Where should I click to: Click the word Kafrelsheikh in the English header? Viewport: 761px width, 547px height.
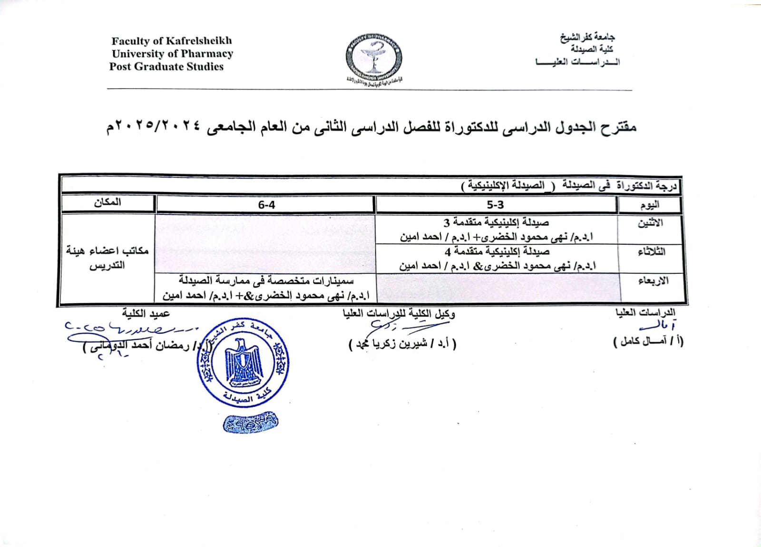[198, 41]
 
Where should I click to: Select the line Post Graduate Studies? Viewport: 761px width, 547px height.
[166, 67]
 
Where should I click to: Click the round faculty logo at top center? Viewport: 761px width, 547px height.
[373, 57]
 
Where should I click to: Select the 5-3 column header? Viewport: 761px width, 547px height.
[495, 205]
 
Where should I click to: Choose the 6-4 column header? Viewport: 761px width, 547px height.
[266, 205]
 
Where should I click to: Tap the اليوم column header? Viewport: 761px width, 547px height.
[649, 205]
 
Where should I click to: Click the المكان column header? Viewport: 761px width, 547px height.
[107, 202]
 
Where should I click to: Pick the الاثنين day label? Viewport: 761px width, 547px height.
[650, 223]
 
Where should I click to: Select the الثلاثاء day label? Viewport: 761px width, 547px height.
[651, 252]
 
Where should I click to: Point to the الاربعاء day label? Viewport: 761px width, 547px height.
[653, 281]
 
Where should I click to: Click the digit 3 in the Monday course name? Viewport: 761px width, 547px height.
[447, 222]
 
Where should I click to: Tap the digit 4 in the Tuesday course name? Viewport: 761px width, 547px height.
[448, 251]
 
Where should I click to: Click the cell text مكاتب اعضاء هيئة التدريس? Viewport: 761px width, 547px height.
[107, 258]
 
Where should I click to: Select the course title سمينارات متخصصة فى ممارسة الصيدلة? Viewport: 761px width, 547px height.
[266, 281]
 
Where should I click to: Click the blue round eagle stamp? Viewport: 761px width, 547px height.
[243, 362]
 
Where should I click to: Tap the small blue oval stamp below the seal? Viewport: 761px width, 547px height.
[250, 422]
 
